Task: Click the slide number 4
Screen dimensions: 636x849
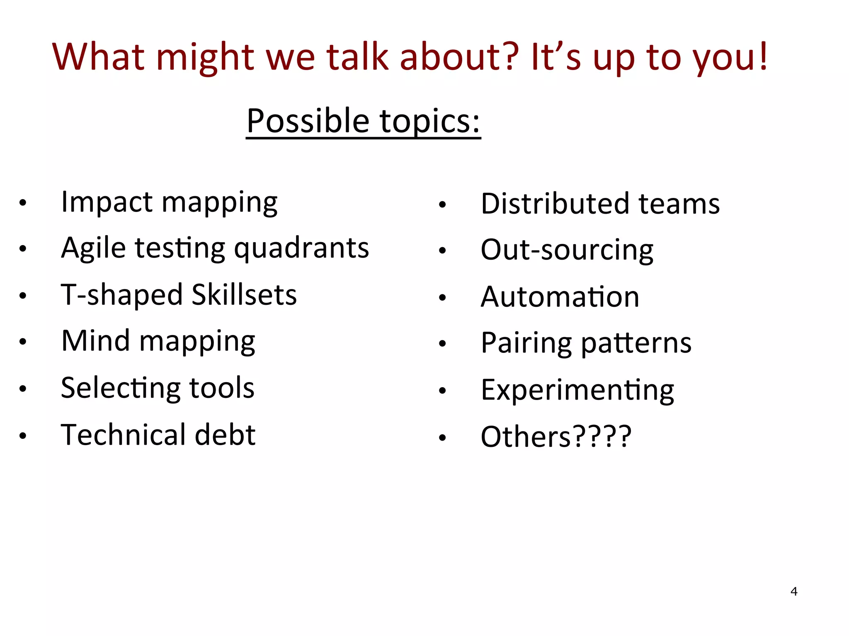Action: click(794, 591)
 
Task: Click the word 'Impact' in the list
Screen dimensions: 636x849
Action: click(107, 202)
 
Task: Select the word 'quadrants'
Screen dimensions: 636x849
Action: click(301, 248)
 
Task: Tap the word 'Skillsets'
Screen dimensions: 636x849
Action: click(244, 295)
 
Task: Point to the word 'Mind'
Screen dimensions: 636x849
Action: click(95, 341)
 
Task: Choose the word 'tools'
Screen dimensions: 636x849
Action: click(222, 388)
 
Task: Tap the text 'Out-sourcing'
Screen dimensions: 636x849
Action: click(567, 250)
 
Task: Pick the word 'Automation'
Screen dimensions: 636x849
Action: click(560, 297)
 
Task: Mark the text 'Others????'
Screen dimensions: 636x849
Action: click(556, 437)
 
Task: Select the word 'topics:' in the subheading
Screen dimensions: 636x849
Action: click(430, 121)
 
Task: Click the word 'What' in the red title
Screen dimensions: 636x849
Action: click(98, 57)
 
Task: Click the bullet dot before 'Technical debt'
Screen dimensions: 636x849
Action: click(23, 436)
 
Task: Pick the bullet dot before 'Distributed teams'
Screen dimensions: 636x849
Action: click(443, 204)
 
